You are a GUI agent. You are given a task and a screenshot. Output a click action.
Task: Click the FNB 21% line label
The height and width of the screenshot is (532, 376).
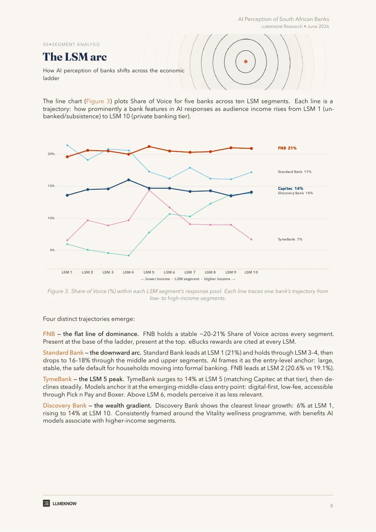(x=287, y=148)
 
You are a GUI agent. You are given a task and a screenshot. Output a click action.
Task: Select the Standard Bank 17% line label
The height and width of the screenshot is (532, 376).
(x=294, y=172)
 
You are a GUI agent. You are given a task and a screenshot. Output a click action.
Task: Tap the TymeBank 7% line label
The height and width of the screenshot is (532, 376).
(x=290, y=239)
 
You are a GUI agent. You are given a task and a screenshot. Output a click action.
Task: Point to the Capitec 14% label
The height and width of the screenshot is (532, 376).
(x=290, y=188)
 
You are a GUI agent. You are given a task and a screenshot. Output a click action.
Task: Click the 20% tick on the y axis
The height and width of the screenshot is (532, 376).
(x=51, y=154)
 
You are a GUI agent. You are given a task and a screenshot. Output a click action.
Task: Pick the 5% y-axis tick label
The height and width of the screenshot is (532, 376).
(x=52, y=250)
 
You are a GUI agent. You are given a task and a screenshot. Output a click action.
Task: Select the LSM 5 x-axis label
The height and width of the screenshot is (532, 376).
(x=149, y=272)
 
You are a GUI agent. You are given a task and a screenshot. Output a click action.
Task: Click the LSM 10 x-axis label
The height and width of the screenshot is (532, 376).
(x=251, y=272)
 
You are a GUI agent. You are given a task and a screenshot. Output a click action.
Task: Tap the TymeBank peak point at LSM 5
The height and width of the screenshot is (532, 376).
(x=149, y=190)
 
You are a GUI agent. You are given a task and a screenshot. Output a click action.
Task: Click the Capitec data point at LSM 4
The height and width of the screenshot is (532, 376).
(x=129, y=180)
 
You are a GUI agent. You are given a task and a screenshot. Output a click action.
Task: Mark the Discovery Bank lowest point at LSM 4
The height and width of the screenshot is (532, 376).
(x=129, y=256)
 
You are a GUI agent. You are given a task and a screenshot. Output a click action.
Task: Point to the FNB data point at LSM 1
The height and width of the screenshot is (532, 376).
(x=67, y=157)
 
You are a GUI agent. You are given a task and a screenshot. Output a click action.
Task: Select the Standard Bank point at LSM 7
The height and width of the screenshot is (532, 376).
(x=190, y=168)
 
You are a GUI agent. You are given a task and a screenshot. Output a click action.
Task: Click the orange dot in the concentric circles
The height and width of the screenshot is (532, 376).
(x=246, y=62)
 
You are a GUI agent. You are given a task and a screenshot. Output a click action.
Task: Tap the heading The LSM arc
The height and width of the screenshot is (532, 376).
(x=75, y=57)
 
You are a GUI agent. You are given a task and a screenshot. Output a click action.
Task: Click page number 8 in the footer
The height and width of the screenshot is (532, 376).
(x=332, y=506)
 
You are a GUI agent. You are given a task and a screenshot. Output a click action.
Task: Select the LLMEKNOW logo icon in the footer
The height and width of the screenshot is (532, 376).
(x=46, y=503)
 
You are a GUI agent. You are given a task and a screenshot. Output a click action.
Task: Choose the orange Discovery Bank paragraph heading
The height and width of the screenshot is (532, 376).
(x=65, y=405)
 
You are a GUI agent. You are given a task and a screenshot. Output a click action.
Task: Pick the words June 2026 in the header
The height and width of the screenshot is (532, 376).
(x=318, y=26)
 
